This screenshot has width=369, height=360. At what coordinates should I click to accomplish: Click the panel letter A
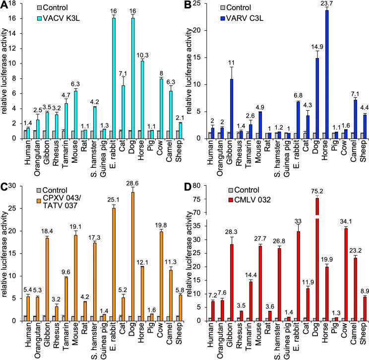pos(6,6)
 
